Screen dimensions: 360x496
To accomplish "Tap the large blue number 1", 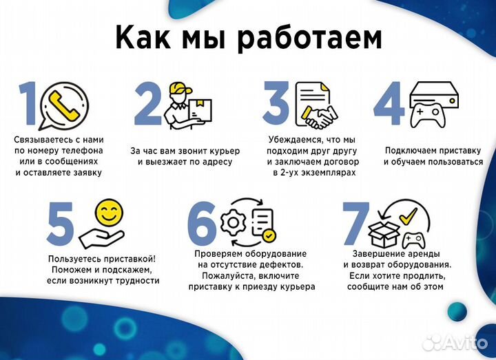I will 28,107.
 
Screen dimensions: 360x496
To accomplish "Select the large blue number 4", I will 390,106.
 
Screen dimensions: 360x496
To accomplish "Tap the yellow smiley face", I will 108,211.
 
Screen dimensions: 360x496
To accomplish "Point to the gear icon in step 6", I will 232,221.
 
